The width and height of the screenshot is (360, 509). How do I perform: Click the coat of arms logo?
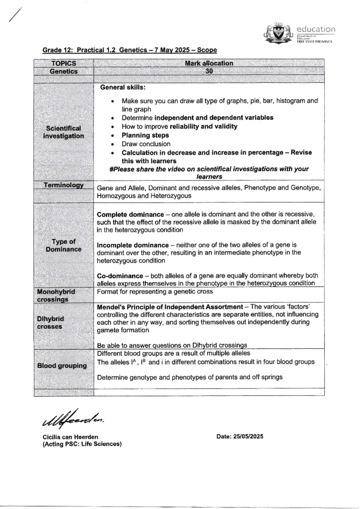(277, 33)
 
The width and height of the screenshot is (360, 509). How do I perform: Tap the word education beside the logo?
(316, 29)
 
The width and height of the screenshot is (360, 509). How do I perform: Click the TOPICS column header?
(64, 63)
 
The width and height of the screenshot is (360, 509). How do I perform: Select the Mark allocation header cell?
(209, 63)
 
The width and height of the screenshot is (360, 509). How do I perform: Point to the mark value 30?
(209, 71)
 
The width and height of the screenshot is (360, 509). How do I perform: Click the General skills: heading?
(123, 87)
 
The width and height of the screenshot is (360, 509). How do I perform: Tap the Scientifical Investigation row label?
(64, 132)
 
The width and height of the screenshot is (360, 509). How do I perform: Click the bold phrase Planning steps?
(145, 135)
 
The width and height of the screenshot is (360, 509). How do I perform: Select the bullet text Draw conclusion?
(146, 144)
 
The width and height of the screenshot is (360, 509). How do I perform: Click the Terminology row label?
(64, 185)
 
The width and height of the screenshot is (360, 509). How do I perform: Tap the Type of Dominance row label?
(64, 245)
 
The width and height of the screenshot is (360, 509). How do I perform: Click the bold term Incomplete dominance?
(133, 245)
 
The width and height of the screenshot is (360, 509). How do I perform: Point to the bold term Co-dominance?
(120, 276)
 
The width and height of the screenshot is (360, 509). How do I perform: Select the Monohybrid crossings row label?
(56, 295)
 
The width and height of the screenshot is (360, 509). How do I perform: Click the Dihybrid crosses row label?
(50, 323)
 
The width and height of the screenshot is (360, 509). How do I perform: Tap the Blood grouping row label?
(62, 366)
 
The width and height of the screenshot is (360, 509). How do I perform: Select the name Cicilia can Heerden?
(70, 437)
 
